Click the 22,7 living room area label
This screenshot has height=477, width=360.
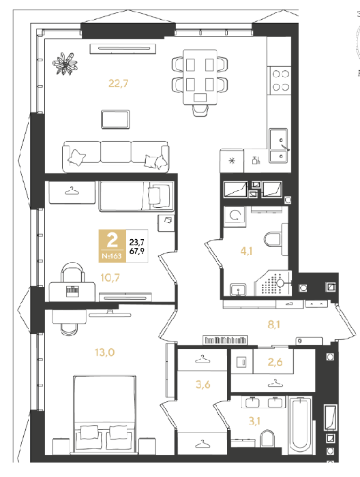(x=119, y=83)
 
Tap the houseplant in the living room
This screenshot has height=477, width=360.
(x=65, y=64)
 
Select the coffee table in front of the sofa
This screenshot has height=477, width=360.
(x=115, y=119)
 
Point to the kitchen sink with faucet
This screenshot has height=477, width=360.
(x=278, y=145)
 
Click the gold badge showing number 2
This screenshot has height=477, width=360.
(x=112, y=246)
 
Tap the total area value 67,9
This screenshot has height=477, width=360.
(x=137, y=251)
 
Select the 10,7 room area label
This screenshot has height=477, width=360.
(x=110, y=277)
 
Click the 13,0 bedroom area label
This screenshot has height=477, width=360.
(x=104, y=352)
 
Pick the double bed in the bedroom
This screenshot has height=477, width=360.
(x=105, y=413)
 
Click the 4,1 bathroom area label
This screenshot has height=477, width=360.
(x=246, y=251)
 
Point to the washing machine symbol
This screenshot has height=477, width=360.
(x=235, y=216)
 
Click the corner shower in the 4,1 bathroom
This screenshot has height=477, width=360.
(x=273, y=283)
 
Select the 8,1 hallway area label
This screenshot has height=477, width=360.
(x=274, y=324)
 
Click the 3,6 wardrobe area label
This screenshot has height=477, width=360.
(x=203, y=384)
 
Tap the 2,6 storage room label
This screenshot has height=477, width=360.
(x=275, y=362)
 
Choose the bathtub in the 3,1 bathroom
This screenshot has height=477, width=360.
(x=300, y=425)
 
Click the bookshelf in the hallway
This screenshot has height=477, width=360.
(x=225, y=340)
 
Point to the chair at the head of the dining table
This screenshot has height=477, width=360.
(x=200, y=110)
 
